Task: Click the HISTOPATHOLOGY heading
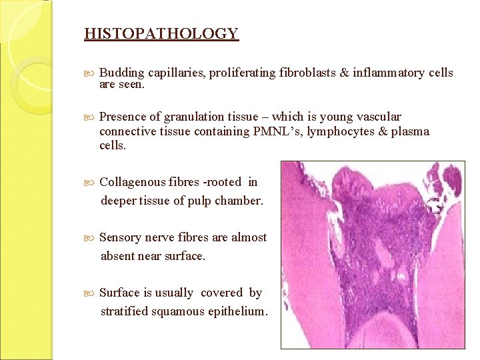(x=161, y=33)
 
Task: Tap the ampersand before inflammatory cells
(x=344, y=73)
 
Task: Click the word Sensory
(x=120, y=237)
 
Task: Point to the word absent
(x=118, y=255)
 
